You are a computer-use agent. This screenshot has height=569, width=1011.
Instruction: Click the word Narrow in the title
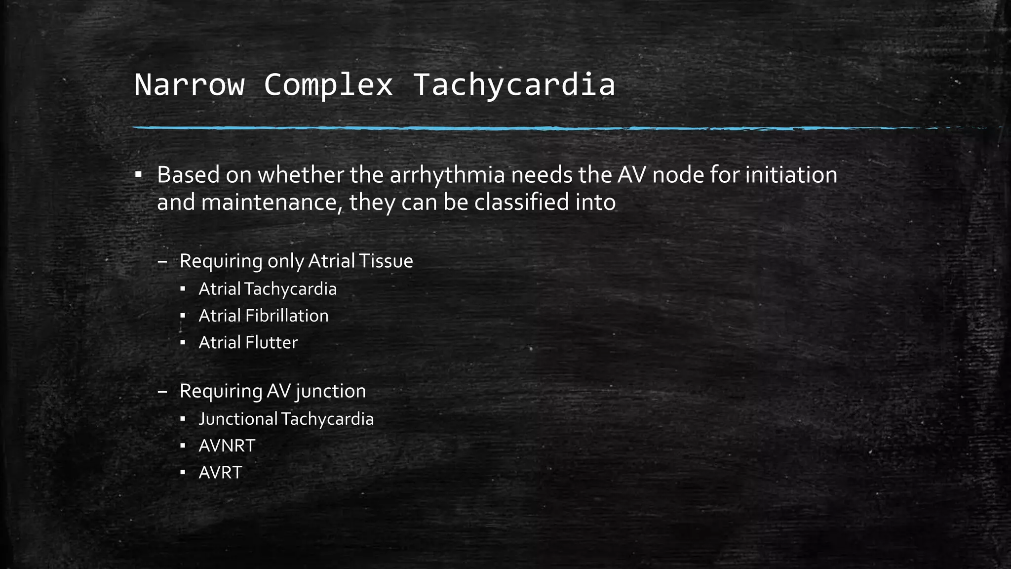tap(189, 84)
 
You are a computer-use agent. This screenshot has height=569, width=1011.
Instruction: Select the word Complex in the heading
tap(328, 84)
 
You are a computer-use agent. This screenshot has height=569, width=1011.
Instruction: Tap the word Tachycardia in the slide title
tap(514, 84)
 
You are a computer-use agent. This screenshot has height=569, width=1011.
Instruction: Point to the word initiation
tap(791, 175)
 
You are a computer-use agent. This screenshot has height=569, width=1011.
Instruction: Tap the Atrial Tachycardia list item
tap(268, 289)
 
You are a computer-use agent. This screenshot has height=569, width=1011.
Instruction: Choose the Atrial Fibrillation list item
tap(263, 316)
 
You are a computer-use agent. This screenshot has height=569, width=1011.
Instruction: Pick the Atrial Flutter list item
tap(248, 342)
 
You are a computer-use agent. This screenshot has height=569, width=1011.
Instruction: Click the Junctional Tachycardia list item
tap(286, 419)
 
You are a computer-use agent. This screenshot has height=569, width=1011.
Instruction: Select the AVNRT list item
tap(227, 446)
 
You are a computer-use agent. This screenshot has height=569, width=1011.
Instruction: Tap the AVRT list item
tap(220, 472)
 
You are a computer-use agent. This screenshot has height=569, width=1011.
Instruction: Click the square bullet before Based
tap(139, 175)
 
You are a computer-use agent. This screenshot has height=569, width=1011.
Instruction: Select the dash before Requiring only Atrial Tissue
tap(162, 261)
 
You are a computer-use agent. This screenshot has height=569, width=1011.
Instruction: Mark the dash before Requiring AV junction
tap(162, 391)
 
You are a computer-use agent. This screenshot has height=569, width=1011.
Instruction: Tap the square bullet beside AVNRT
tap(183, 446)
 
